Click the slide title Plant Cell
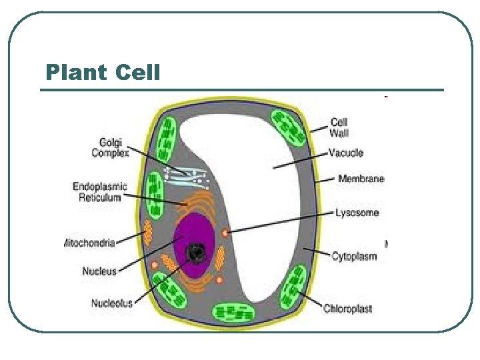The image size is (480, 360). pyautogui.click(x=103, y=72)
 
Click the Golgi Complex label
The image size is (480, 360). pyautogui.click(x=110, y=147)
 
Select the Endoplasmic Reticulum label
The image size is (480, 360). pyautogui.click(x=100, y=192)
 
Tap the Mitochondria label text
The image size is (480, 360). pyautogui.click(x=90, y=243)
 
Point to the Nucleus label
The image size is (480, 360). pyautogui.click(x=99, y=271)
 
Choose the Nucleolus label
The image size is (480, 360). pyautogui.click(x=111, y=303)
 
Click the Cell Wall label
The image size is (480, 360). pyautogui.click(x=339, y=127)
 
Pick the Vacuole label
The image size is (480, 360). pyautogui.click(x=346, y=153)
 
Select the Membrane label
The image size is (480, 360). pyautogui.click(x=361, y=179)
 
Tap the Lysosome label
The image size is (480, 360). pyautogui.click(x=357, y=213)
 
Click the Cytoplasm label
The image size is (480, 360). pyautogui.click(x=354, y=256)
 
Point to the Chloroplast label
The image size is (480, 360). pyautogui.click(x=347, y=309)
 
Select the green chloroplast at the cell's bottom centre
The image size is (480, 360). pyautogui.click(x=233, y=312)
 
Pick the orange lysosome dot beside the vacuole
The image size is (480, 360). pyautogui.click(x=226, y=233)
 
